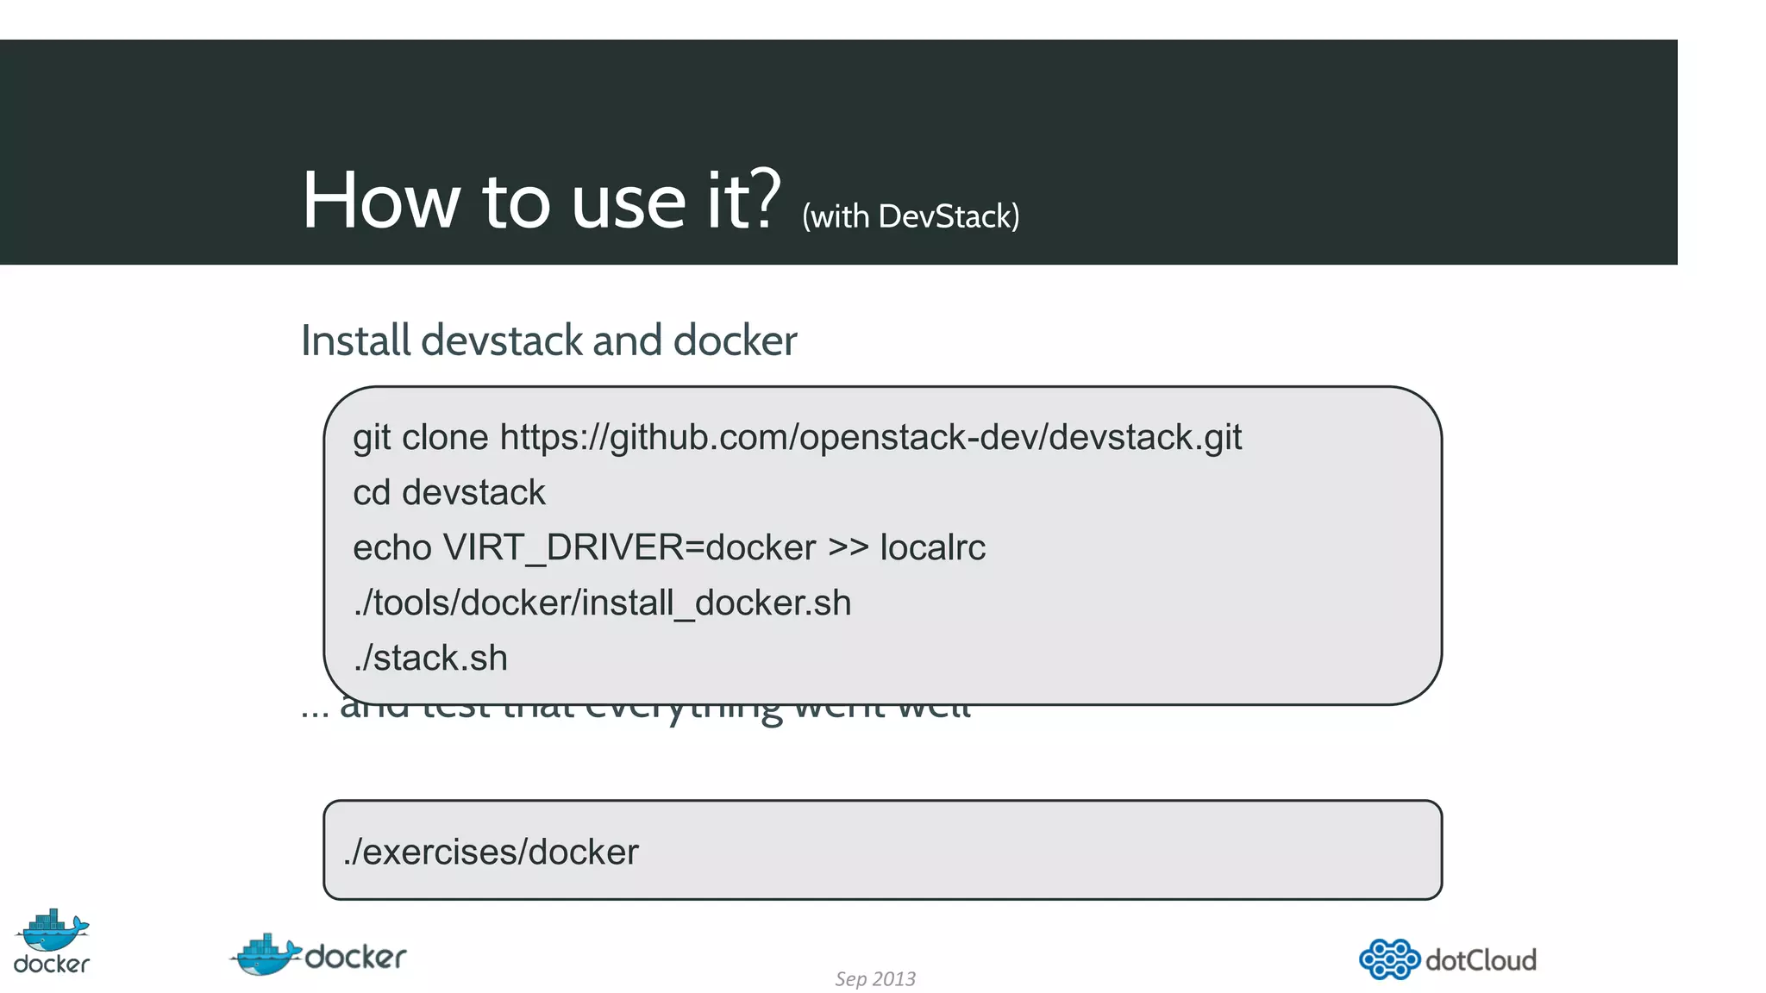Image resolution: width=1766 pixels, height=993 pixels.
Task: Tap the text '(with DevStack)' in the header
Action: pyautogui.click(x=911, y=216)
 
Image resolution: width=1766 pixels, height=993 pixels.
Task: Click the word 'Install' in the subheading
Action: pyautogui.click(x=355, y=340)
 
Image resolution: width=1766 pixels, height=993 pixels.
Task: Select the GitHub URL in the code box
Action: pyautogui.click(x=870, y=438)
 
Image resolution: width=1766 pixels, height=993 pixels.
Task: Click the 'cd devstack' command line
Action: pyautogui.click(x=449, y=493)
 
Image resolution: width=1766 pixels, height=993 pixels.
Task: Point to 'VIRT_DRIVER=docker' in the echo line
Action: pyautogui.click(x=629, y=548)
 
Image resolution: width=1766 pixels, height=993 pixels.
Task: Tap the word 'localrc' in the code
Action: pyautogui.click(x=932, y=548)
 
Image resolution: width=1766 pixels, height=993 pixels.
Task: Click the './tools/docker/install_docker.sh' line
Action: pyautogui.click(x=602, y=603)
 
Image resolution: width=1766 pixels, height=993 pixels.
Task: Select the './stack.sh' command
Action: pyautogui.click(x=430, y=659)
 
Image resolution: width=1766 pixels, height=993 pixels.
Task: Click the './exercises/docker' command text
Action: pyautogui.click(x=491, y=852)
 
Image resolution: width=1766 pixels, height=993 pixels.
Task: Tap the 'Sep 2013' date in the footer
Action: pyautogui.click(x=874, y=979)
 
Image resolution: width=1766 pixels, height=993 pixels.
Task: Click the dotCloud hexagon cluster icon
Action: pyautogui.click(x=1388, y=959)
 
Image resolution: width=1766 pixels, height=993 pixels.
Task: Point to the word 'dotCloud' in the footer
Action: pyautogui.click(x=1481, y=960)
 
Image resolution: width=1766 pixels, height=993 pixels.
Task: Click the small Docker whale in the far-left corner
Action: pyautogui.click(x=53, y=930)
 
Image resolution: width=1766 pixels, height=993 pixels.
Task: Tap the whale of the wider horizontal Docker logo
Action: pyautogui.click(x=266, y=955)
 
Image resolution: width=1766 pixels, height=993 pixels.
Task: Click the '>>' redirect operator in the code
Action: pyautogui.click(x=848, y=548)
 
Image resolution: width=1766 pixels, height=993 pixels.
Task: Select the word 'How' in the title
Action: pyautogui.click(x=380, y=201)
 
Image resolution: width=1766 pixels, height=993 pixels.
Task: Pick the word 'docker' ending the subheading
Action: pyautogui.click(x=735, y=340)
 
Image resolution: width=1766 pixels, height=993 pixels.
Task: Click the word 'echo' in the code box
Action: pyautogui.click(x=391, y=548)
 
